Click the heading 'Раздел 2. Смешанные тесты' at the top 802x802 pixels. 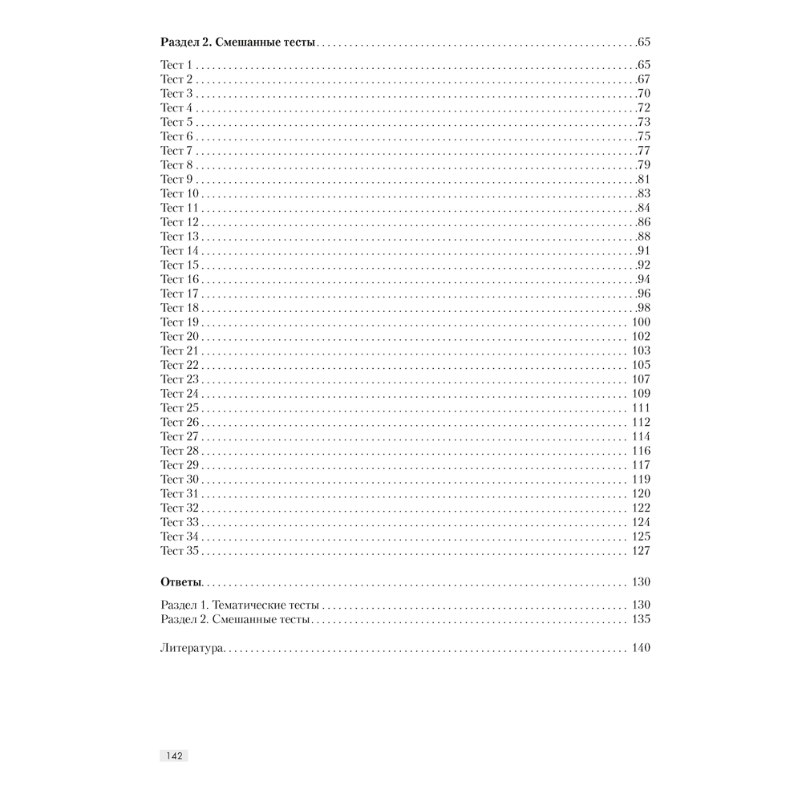[238, 42]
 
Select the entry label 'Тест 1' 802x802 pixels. [176, 65]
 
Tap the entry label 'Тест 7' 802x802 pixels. [176, 151]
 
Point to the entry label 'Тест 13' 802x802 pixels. [180, 237]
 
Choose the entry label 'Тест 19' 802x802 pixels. [180, 322]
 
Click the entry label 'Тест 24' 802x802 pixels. [180, 394]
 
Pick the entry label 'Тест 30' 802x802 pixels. [180, 480]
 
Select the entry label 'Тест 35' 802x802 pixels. [180, 551]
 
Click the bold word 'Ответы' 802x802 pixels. [181, 582]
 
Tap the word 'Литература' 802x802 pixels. [193, 648]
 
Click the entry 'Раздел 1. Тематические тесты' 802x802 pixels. [240, 605]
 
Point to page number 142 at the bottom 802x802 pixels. [174, 755]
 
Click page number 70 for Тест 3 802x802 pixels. [643, 94]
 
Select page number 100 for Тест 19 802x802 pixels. [641, 322]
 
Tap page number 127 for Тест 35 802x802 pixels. [641, 551]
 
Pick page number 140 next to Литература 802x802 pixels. [641, 648]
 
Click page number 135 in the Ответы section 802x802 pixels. [641, 619]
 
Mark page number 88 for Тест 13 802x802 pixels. [643, 237]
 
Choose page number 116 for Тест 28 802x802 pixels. [641, 451]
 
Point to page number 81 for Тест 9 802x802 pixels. [643, 180]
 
